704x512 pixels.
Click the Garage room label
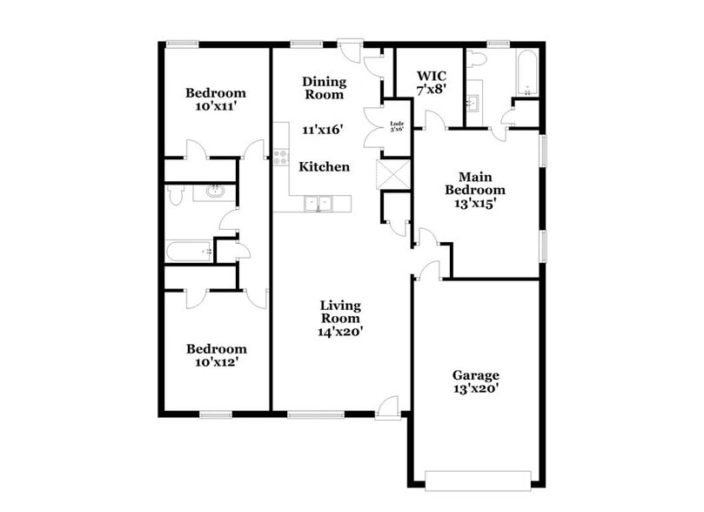click(475, 375)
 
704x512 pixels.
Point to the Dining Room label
click(324, 88)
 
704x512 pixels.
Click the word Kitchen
click(325, 166)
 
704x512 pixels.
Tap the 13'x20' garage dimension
click(475, 390)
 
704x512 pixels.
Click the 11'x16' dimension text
click(323, 129)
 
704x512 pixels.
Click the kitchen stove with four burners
click(281, 158)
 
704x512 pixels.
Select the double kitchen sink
click(317, 204)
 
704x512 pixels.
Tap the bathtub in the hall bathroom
click(190, 252)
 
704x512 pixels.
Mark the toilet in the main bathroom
click(475, 60)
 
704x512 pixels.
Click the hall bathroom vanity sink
click(212, 192)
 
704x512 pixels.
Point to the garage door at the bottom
click(478, 481)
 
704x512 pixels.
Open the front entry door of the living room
click(389, 406)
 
